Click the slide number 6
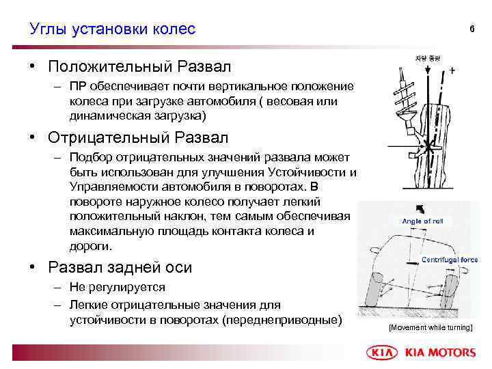click(471, 29)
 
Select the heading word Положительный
click(110, 67)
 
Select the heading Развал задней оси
click(120, 267)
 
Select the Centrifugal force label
click(450, 260)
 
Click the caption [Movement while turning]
click(430, 328)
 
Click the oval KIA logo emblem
click(383, 353)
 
